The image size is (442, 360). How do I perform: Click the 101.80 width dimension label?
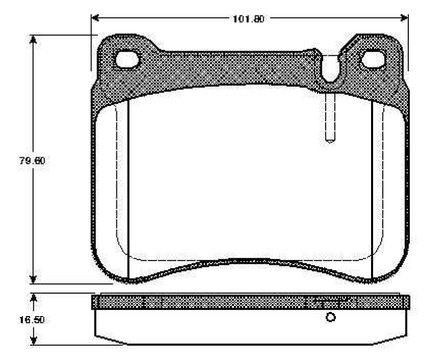pyautogui.click(x=249, y=19)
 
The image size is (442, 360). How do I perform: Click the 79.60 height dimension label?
pyautogui.click(x=32, y=161)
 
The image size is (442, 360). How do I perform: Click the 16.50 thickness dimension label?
pyautogui.click(x=32, y=320)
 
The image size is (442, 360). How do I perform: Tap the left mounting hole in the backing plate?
pyautogui.click(x=127, y=60)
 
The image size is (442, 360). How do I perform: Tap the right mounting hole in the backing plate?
pyautogui.click(x=373, y=59)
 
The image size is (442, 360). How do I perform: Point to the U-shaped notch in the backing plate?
pyautogui.click(x=330, y=68)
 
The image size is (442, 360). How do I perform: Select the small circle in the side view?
pyautogui.click(x=330, y=318)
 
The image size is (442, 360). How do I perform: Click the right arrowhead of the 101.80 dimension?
pyautogui.click(x=404, y=18)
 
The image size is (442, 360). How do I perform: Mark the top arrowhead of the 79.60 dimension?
pyautogui.click(x=33, y=40)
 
